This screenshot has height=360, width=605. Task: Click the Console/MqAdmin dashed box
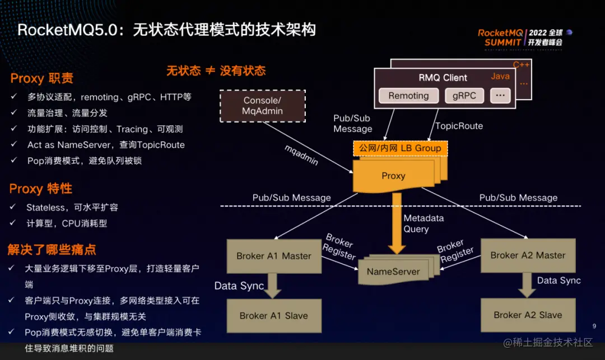(x=262, y=106)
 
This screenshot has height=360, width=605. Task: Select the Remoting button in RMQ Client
(x=408, y=96)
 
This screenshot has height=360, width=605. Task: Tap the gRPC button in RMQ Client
(x=464, y=96)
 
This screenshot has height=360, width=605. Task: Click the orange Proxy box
(x=393, y=176)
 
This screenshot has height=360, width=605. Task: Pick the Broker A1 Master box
(x=273, y=256)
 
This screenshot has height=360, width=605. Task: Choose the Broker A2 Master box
(x=528, y=255)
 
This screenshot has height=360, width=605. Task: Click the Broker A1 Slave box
(x=273, y=316)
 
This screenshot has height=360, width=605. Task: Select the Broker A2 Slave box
(x=528, y=315)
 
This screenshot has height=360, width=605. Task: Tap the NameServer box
(x=393, y=272)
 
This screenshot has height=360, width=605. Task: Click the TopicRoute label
(x=459, y=126)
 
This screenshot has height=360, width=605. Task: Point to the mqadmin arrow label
(x=301, y=156)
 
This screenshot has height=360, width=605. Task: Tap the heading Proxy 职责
(x=41, y=78)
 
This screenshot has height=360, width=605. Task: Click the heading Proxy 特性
(x=40, y=189)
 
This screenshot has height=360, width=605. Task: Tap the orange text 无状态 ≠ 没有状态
(x=216, y=71)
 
